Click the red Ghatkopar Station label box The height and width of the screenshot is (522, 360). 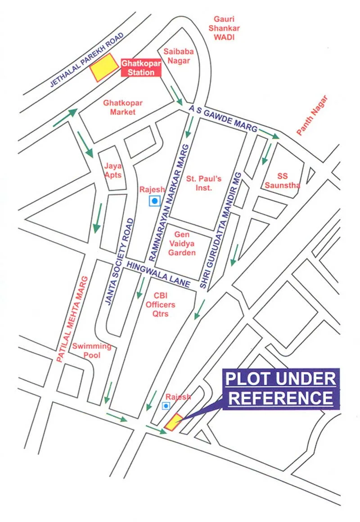coord(141,68)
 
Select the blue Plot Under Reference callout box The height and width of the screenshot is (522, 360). coord(279,388)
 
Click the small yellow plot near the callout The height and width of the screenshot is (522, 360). coord(173,421)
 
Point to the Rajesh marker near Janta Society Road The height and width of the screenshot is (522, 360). coord(155,201)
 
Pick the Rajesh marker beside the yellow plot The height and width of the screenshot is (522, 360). coord(166,406)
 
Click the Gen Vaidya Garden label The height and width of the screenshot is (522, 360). coord(182,244)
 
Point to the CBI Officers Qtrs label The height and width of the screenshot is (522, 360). coord(160,304)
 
